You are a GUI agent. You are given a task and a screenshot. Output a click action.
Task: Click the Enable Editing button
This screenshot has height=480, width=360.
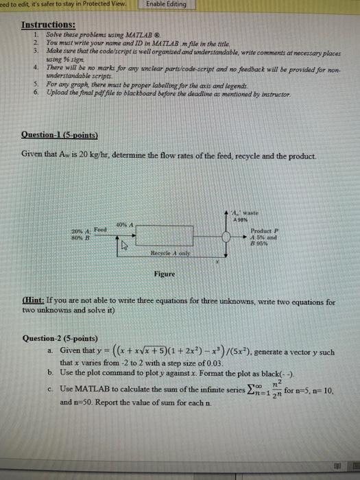(x=166, y=4)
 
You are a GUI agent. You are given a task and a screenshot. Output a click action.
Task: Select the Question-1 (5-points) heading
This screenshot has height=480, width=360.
(x=60, y=134)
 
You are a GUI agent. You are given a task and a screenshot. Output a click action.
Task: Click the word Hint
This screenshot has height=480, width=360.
(x=34, y=302)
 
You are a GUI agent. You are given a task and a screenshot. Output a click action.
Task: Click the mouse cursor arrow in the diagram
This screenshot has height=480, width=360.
(x=125, y=244)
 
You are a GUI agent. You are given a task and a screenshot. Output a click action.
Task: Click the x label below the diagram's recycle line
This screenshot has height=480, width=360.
(x=217, y=261)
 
